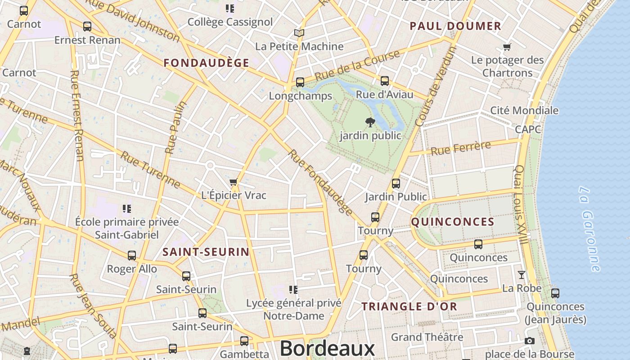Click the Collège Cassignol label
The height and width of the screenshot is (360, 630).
[230, 22]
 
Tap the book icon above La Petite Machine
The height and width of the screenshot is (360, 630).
[299, 33]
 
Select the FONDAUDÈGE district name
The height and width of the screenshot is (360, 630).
[206, 63]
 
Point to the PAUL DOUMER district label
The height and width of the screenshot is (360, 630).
[455, 26]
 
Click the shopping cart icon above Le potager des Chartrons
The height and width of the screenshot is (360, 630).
[507, 47]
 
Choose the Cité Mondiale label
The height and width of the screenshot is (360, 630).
[524, 110]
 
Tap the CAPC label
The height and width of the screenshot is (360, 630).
[528, 130]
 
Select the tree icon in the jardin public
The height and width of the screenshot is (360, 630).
[370, 122]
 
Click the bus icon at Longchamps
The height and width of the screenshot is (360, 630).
[300, 82]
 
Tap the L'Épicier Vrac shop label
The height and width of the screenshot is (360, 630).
[234, 195]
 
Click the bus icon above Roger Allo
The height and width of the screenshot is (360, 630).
[132, 256]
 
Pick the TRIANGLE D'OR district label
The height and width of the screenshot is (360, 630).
[409, 307]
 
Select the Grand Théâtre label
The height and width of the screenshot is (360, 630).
[427, 337]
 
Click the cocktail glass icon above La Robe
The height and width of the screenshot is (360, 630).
[522, 274]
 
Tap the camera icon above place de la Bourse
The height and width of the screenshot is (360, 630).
[530, 341]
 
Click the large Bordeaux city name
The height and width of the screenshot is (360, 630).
[327, 349]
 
